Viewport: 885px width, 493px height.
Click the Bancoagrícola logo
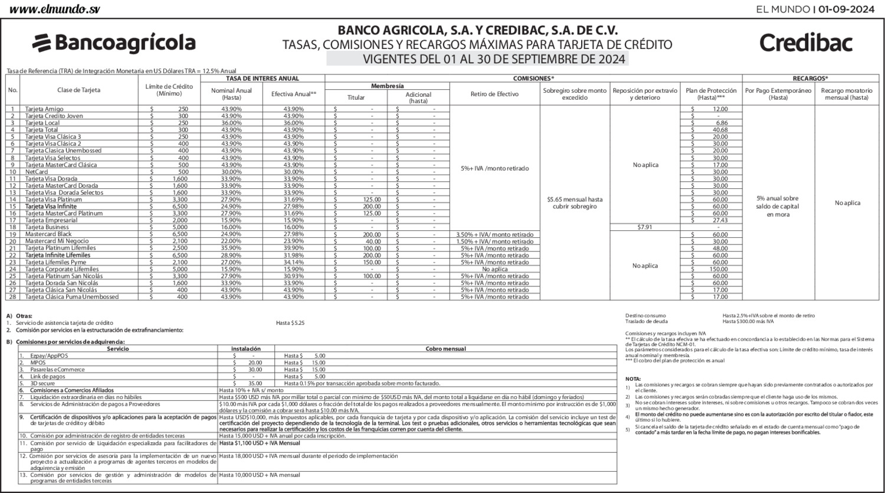pos(113,43)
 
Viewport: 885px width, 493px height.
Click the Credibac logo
pos(806,43)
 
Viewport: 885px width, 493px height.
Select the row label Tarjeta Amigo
pos(44,109)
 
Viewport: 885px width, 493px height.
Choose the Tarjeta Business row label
pos(47,227)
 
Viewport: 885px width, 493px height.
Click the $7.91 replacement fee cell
pos(645,227)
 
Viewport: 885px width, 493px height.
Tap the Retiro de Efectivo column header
pos(494,93)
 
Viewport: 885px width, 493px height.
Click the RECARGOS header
pos(810,78)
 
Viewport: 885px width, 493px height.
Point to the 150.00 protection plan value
pos(719,269)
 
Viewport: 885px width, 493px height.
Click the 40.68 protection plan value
pos(720,130)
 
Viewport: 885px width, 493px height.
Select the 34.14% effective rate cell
pos(294,262)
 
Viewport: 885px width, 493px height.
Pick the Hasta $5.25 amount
pos(290,323)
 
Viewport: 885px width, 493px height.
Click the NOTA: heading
pos(632,378)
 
